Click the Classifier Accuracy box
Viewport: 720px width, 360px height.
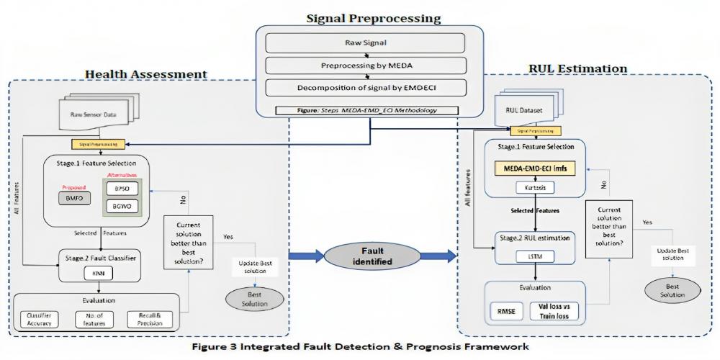(x=37, y=319)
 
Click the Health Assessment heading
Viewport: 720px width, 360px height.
(x=146, y=74)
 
